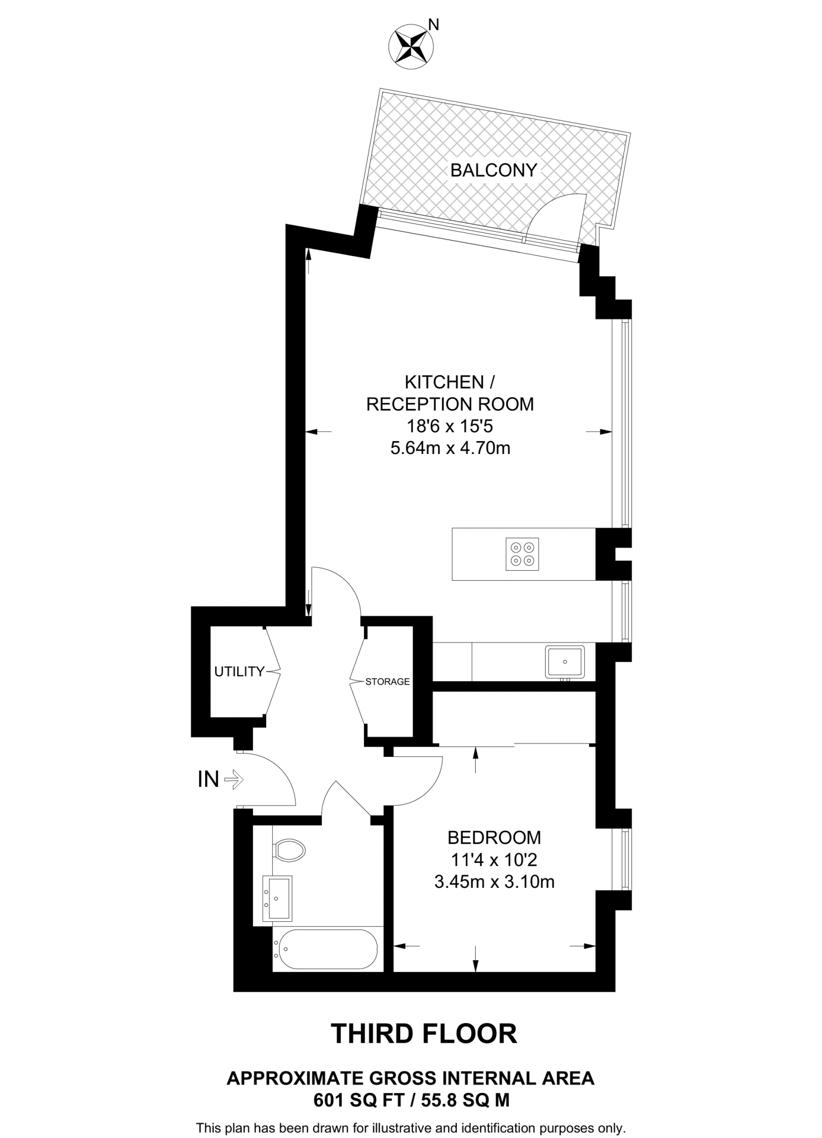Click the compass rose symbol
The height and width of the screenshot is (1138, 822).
[411, 47]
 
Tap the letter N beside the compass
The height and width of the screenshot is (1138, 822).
[434, 24]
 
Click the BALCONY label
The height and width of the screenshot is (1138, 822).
[494, 170]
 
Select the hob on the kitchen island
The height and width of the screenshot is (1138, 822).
[523, 554]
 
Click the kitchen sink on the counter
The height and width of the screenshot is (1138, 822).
[565, 662]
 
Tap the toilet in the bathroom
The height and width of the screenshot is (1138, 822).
[290, 850]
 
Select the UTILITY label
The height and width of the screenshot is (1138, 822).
[240, 671]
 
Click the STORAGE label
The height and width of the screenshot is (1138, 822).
[387, 681]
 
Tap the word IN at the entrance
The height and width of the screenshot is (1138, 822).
[208, 780]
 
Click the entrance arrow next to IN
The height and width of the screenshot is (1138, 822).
[234, 780]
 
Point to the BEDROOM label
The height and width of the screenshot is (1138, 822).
[494, 837]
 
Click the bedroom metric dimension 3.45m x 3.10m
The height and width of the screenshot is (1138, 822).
[494, 881]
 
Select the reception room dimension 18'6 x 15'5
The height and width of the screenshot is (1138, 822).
[450, 426]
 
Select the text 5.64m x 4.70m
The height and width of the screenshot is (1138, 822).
[450, 448]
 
